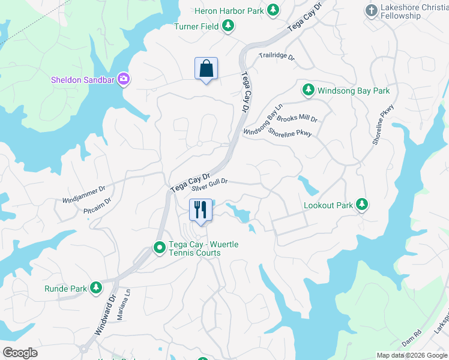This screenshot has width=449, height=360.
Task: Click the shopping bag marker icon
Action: click(x=206, y=68)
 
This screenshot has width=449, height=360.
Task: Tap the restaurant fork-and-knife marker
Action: click(x=200, y=210)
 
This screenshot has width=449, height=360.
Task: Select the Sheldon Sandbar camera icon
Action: click(x=124, y=79)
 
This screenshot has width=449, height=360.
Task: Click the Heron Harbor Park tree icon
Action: click(x=273, y=10)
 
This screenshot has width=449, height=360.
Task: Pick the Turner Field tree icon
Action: click(x=228, y=26)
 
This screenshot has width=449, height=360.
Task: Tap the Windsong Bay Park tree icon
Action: click(x=308, y=90)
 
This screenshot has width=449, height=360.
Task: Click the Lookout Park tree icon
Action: click(x=361, y=205)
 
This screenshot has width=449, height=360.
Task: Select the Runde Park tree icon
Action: click(x=95, y=289)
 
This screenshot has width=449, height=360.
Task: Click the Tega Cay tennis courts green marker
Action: click(x=160, y=247)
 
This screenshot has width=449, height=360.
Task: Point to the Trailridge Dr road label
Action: click(x=277, y=57)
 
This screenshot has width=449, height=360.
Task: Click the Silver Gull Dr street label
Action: click(x=209, y=184)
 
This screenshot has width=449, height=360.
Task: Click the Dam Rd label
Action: click(x=413, y=339)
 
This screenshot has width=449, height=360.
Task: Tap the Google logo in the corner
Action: click(x=20, y=353)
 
